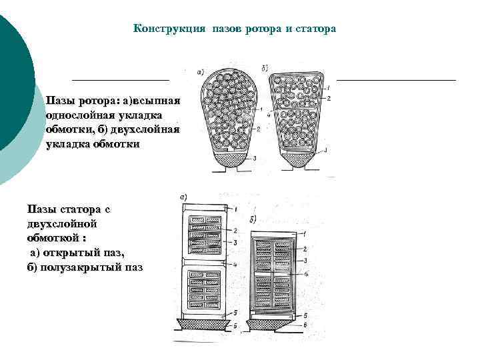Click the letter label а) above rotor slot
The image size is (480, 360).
coord(201,71)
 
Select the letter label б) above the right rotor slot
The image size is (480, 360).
coord(265,68)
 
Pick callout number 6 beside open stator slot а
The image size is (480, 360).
coord(235,325)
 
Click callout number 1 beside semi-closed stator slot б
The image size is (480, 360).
coord(305,234)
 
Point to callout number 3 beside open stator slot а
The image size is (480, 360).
coord(235,240)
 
